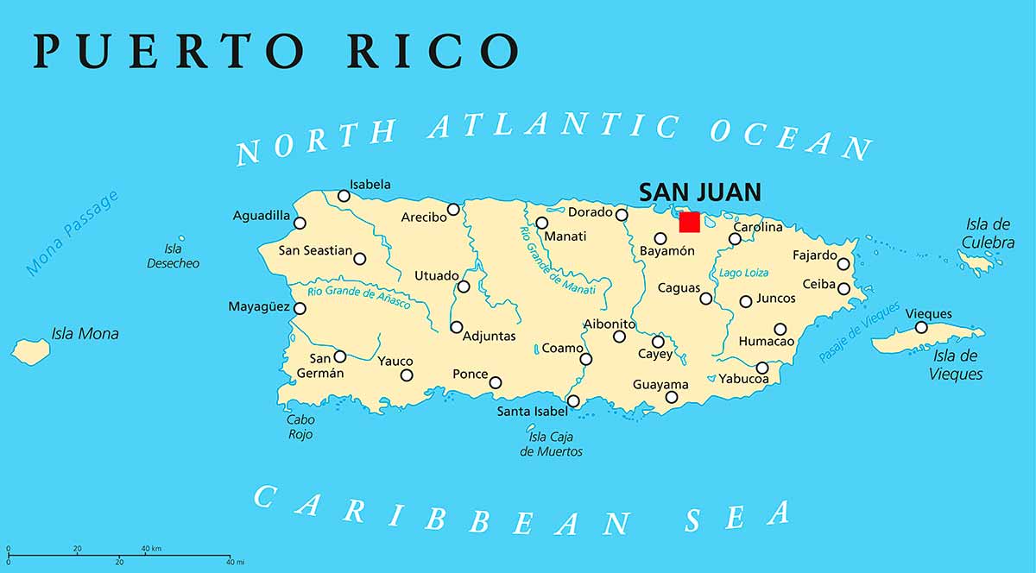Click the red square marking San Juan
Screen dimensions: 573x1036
click(x=689, y=222)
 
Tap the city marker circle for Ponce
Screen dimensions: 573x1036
click(x=496, y=382)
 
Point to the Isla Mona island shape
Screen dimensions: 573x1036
click(x=32, y=350)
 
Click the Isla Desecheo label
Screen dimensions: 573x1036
click(x=173, y=255)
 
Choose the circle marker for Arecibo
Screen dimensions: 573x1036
click(x=453, y=209)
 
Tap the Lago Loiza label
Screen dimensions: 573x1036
click(x=743, y=273)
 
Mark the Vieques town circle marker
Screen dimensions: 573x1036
click(x=921, y=327)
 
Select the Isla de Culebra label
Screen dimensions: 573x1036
click(x=989, y=234)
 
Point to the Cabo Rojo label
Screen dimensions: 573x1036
click(x=300, y=427)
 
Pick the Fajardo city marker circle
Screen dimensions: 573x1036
click(x=843, y=263)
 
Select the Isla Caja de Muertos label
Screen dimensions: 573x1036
click(x=551, y=444)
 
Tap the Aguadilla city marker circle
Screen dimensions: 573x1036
click(x=300, y=223)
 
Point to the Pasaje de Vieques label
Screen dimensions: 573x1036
click(x=859, y=331)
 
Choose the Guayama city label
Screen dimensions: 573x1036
click(x=660, y=384)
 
